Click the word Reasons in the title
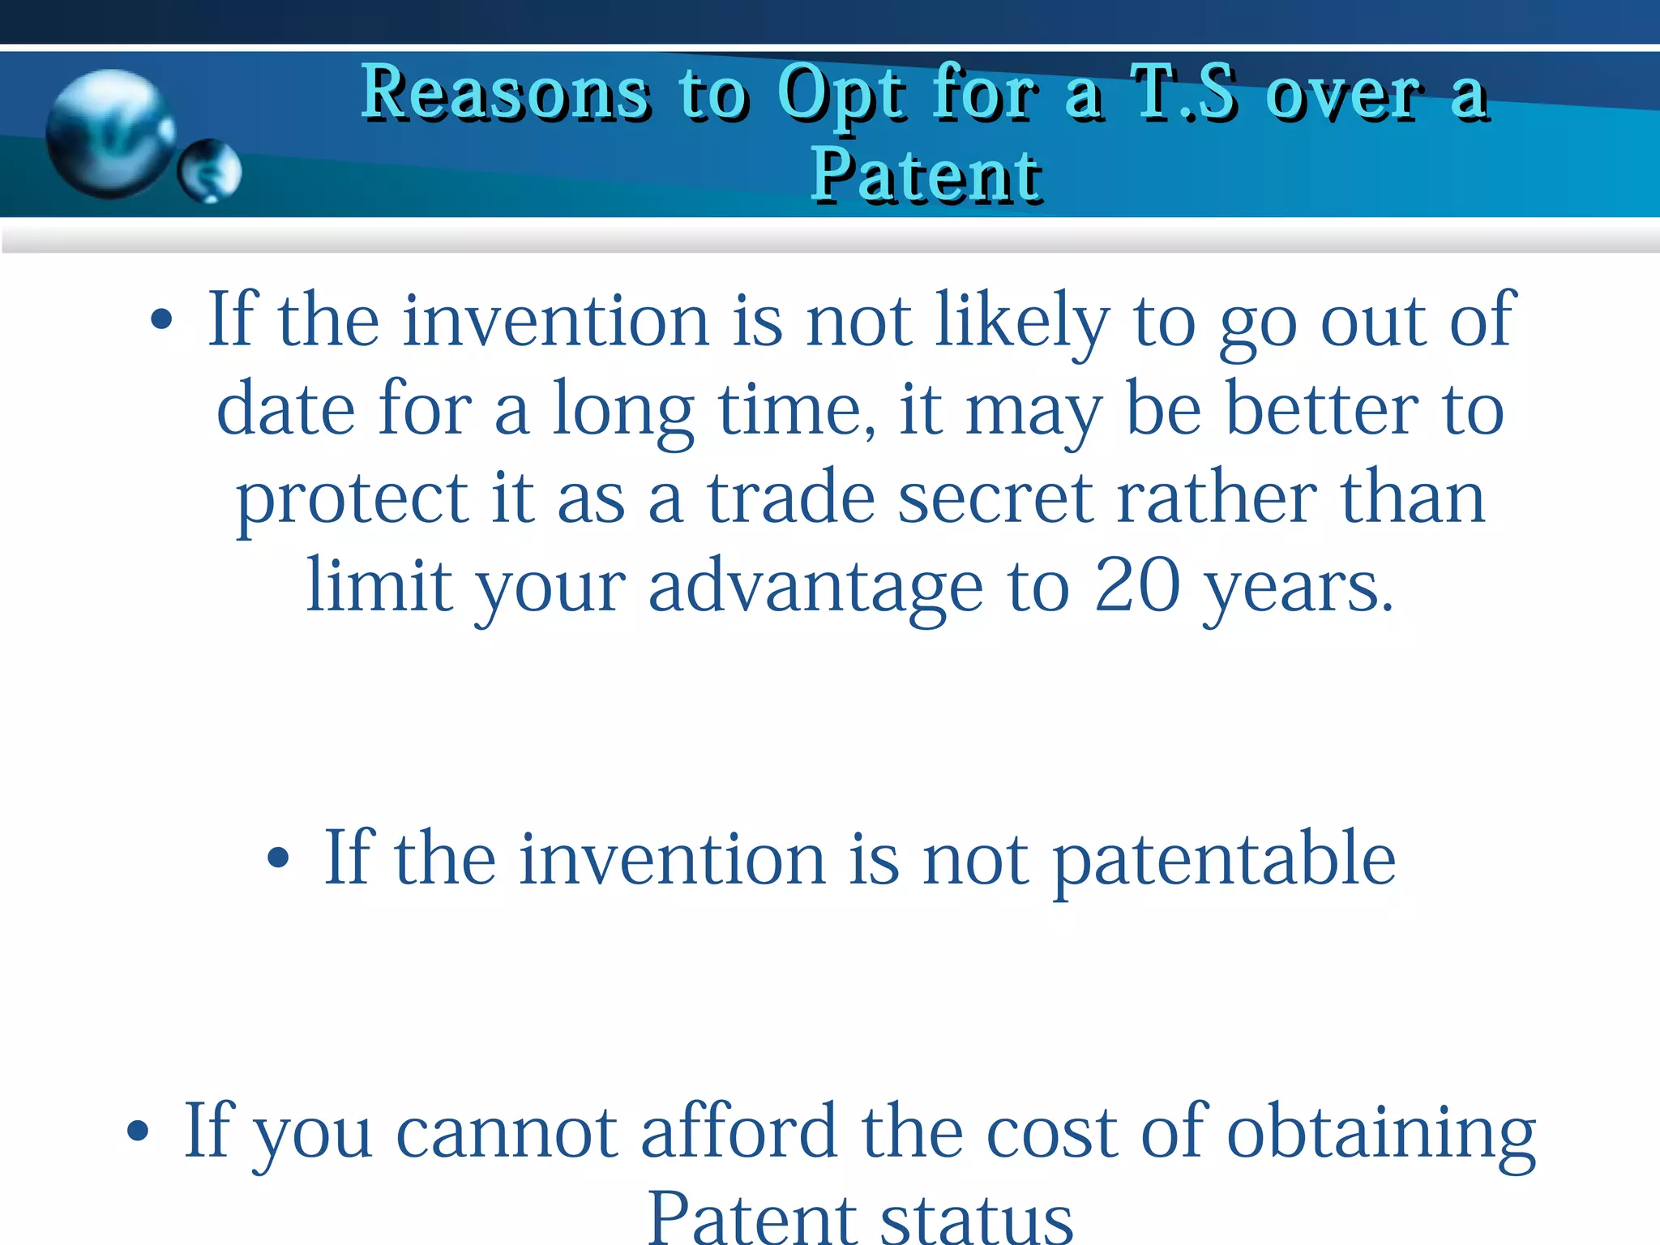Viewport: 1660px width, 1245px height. pos(504,93)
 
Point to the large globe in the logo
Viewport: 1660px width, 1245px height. pos(109,133)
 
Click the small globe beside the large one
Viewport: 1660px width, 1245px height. pos(209,170)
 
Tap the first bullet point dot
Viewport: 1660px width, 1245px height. pos(161,320)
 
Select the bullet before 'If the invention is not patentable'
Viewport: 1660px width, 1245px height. pos(278,858)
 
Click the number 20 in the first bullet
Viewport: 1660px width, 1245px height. pos(1136,585)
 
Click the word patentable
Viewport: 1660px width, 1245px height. pos(1224,859)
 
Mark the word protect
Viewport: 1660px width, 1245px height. pos(351,499)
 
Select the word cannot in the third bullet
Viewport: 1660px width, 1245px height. pos(507,1132)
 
